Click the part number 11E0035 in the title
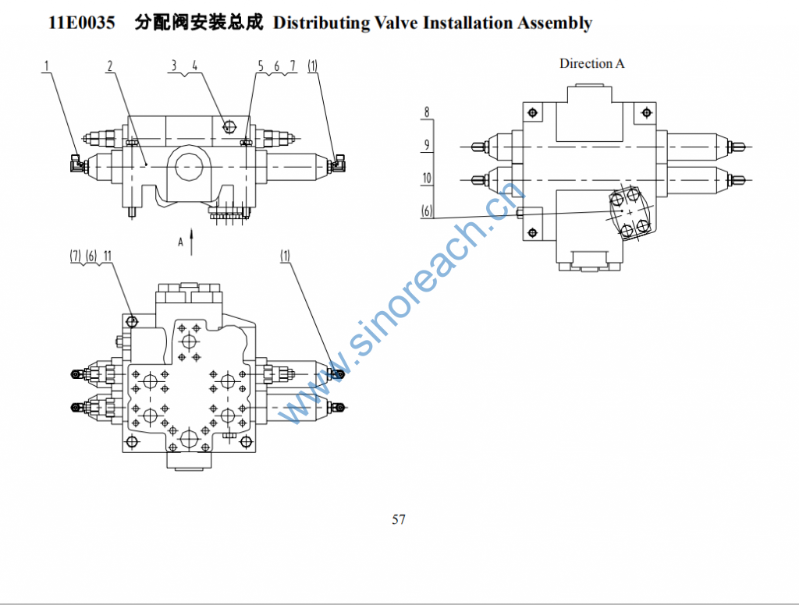[81, 23]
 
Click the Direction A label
[591, 63]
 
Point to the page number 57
[399, 519]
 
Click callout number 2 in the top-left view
[111, 66]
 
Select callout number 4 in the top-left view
[194, 66]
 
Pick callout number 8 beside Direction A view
[427, 111]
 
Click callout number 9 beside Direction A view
[427, 144]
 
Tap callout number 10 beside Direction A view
[427, 178]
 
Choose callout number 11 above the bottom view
[108, 256]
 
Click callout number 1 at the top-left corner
[47, 66]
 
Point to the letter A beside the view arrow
[180, 242]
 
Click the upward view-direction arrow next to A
[191, 242]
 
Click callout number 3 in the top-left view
[174, 66]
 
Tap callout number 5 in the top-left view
[261, 66]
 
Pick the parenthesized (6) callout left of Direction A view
[427, 211]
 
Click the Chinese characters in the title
[198, 23]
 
